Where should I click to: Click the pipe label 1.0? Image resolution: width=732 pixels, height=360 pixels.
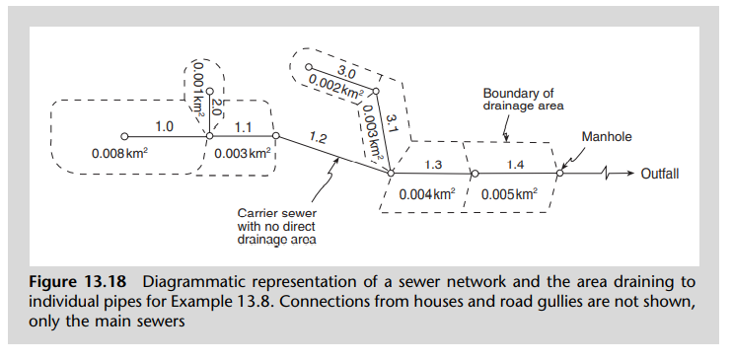tap(164, 127)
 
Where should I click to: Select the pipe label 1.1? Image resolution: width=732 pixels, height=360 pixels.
tap(244, 127)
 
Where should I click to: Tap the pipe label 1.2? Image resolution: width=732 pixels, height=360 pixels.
tap(318, 139)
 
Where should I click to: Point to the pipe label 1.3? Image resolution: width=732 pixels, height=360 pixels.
tap(432, 163)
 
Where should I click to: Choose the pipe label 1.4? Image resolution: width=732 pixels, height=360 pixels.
tap(516, 163)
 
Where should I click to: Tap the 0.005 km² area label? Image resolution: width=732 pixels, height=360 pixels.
tap(509, 194)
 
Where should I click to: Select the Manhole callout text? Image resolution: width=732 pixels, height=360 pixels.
tap(605, 135)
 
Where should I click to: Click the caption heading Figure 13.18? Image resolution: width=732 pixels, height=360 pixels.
tap(82, 286)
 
